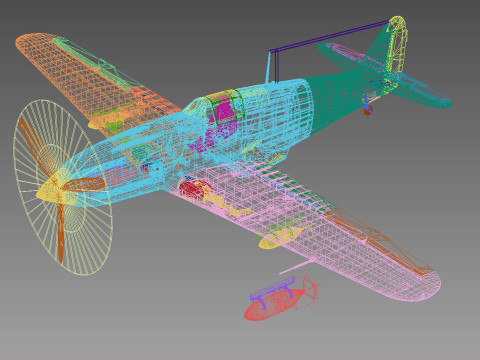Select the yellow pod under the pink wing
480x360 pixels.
click(280, 237)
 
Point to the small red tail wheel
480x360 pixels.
click(367, 110)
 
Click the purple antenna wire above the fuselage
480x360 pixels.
click(330, 38)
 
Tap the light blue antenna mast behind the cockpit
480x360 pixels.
click(268, 68)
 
